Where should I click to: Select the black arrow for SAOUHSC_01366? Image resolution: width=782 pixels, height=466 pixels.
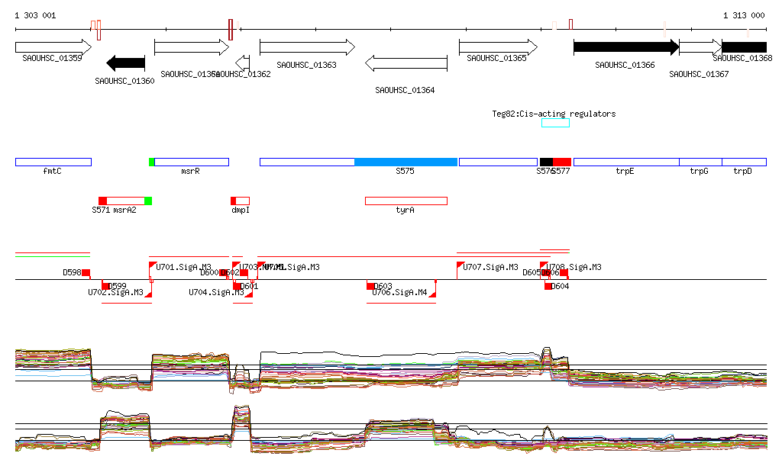pos(625,47)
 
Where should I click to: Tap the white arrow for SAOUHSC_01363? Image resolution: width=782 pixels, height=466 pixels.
pos(307,47)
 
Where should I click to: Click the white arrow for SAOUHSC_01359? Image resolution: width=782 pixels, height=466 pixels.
pos(53,47)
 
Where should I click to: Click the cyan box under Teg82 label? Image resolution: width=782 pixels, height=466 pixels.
pos(555,123)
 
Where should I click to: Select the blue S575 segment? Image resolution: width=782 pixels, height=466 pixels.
pos(406,162)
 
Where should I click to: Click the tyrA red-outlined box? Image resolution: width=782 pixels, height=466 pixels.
pos(406,201)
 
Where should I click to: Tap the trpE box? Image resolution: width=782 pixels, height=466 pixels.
pos(625,162)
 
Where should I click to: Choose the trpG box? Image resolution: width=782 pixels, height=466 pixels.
pos(700,162)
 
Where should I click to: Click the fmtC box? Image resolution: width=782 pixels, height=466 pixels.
pos(53,162)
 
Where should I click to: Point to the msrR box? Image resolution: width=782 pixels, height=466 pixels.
pos(191,162)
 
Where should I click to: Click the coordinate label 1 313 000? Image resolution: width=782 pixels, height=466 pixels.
pos(744,15)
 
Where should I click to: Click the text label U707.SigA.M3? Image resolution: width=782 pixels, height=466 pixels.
pos(493,268)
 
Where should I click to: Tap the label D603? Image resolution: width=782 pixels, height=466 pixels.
pos(383,286)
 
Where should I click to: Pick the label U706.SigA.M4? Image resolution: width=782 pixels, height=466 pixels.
pos(399,292)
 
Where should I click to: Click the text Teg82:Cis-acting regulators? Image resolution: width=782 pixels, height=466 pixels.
pos(554,114)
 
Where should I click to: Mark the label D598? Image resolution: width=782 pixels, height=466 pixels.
pos(72,272)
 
